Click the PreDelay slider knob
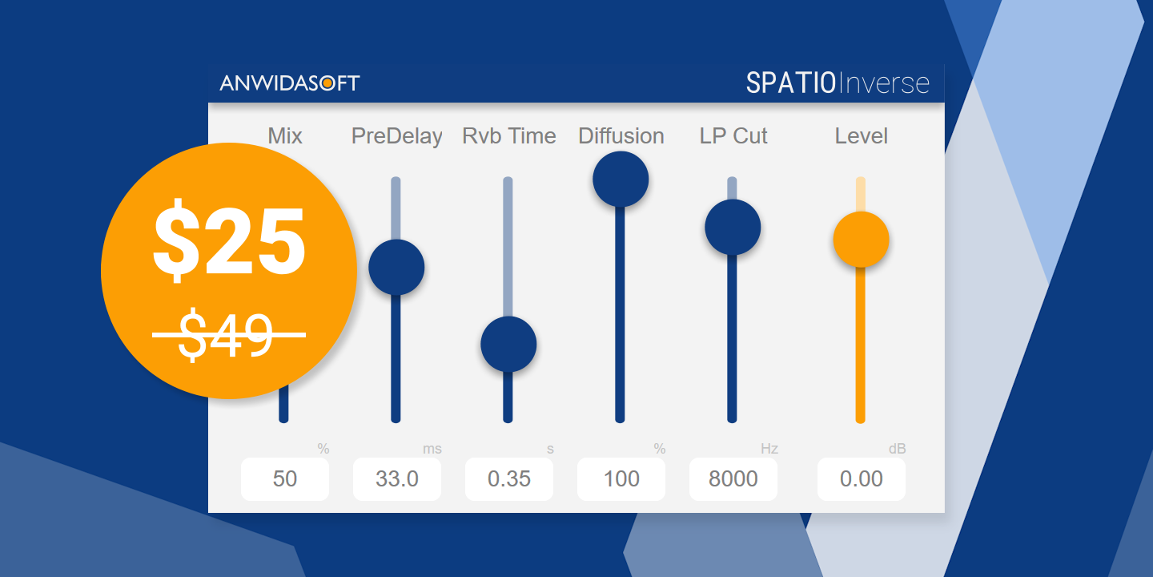[x=396, y=267]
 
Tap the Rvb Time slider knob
[x=508, y=344]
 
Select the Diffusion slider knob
[x=621, y=179]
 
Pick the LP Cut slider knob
[x=733, y=227]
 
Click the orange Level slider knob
[x=861, y=240]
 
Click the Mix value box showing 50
[x=285, y=479]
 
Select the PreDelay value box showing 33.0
[x=397, y=479]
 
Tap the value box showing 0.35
[x=509, y=479]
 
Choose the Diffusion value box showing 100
[x=621, y=479]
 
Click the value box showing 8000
[x=733, y=479]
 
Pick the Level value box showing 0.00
[x=862, y=479]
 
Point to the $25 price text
[x=229, y=240]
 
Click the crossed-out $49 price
[x=229, y=334]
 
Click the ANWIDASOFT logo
[x=290, y=83]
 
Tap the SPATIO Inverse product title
[x=838, y=83]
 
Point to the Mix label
[x=285, y=136]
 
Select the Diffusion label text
[x=621, y=136]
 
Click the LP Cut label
[x=733, y=136]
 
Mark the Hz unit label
[x=769, y=449]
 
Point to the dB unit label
[x=897, y=449]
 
